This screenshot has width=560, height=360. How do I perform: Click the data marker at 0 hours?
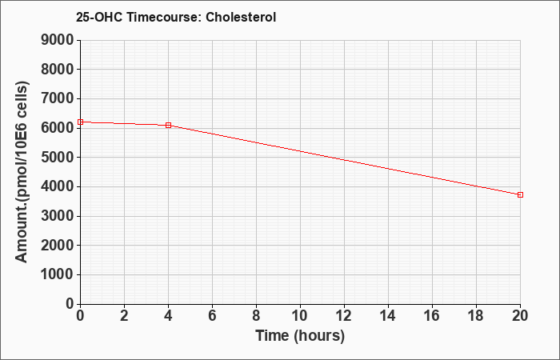pos(80,122)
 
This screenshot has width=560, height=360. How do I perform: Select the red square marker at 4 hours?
pos(168,125)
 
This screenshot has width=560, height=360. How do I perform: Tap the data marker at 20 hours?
pos(520,194)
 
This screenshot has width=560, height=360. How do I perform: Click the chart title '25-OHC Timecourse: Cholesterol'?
pos(176,17)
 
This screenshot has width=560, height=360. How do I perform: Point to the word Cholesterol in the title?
pos(241,17)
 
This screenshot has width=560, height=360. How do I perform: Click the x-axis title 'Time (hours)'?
pos(300,336)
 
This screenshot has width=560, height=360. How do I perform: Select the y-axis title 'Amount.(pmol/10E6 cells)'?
pos(22,172)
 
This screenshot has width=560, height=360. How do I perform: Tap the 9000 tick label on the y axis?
pos(58,40)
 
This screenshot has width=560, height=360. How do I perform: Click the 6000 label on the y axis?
pos(58,128)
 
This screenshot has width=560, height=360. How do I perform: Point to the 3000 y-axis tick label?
pos(58,216)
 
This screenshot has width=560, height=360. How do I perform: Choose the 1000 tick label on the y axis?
pos(58,274)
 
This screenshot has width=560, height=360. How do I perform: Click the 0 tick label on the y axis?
pos(70,304)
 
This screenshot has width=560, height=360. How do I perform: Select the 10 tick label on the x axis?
pos(300,316)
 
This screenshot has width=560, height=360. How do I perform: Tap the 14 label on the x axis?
pos(388,316)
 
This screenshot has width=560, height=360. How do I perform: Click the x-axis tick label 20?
pos(520,316)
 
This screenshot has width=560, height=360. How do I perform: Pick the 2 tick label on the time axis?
pos(124,316)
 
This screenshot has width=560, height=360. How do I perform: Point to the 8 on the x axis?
pos(256,316)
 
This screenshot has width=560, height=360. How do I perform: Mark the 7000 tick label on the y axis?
pos(58,98)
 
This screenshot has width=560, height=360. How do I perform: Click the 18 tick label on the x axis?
pos(476,316)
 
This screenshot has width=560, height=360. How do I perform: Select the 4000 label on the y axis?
pos(58,186)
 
